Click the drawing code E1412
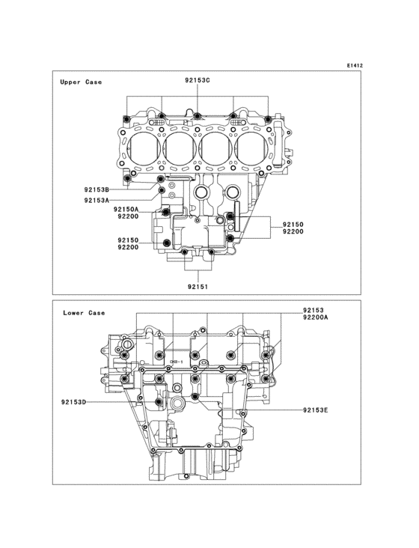point(354,66)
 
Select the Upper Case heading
point(81,82)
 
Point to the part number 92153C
point(198,80)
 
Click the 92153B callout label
point(97,189)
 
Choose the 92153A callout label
point(97,201)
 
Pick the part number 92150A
point(126,210)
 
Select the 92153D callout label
point(74,402)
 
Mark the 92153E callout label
point(316,410)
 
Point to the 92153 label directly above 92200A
point(315,309)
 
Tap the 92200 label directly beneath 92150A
point(126,217)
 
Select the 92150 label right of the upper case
point(293,225)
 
